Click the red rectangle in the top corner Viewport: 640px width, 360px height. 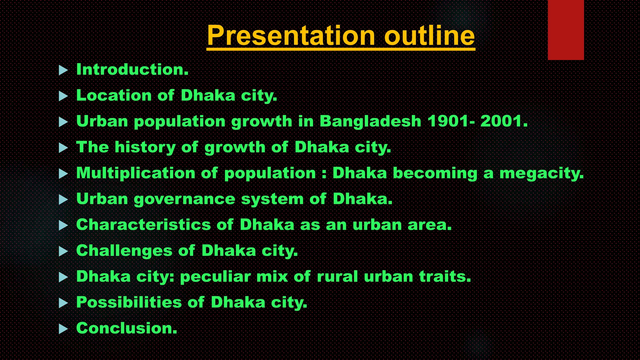566,30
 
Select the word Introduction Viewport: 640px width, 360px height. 132,69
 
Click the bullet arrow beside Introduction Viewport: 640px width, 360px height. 63,70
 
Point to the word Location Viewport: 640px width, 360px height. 114,95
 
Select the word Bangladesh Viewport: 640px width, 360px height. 370,121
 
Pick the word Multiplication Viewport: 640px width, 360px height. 136,173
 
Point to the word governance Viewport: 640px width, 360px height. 184,199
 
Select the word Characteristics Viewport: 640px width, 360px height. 143,225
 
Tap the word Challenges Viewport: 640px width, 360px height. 124,251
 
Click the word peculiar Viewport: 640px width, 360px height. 215,277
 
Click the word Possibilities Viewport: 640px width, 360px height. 129,302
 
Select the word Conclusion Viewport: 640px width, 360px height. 127,328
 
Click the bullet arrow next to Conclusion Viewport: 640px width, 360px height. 63,329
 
